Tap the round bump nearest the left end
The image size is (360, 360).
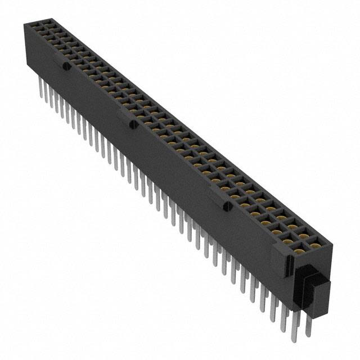coord(66,67)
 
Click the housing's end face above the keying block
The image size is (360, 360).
coord(315,256)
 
